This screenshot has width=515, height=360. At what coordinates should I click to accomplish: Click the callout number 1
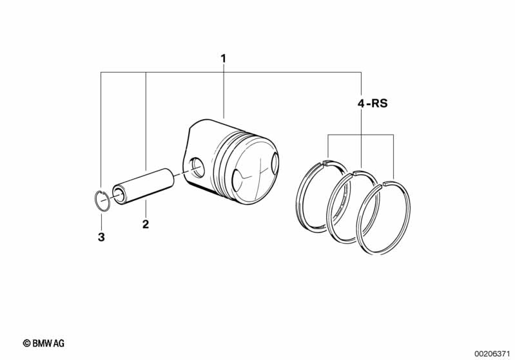click(x=224, y=59)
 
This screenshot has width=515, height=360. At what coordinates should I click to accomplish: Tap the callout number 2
click(x=146, y=225)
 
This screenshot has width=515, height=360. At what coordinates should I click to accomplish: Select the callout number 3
click(x=101, y=237)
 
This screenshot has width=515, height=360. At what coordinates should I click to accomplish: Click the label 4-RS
click(x=373, y=104)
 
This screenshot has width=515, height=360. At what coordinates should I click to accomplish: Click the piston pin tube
click(x=143, y=185)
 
